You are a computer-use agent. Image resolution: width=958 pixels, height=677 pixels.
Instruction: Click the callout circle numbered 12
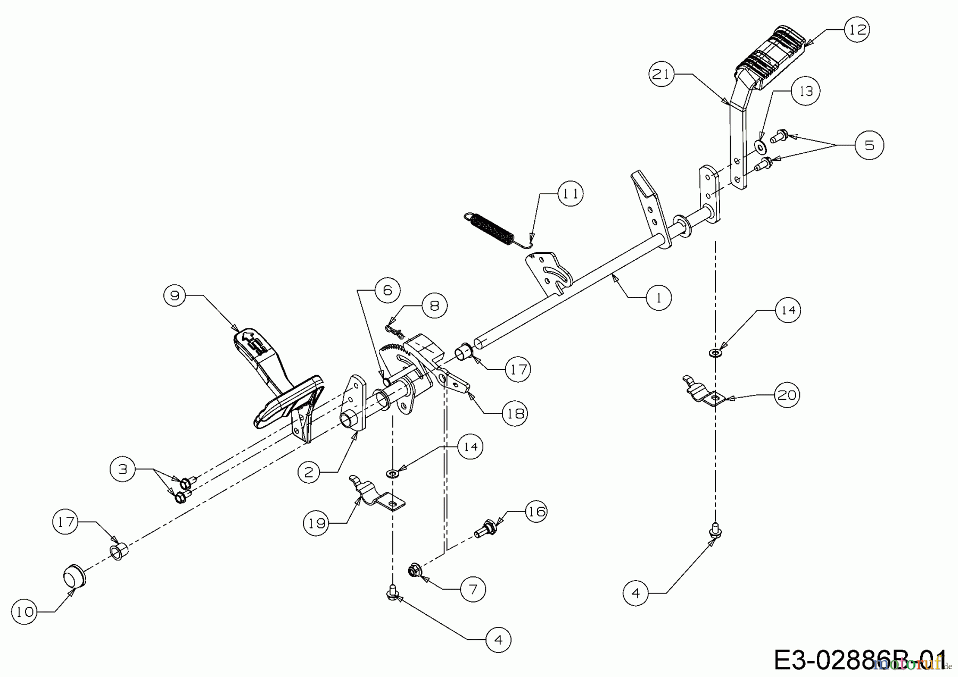[857, 29]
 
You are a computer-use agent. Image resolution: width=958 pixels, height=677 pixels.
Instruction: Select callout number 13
[806, 91]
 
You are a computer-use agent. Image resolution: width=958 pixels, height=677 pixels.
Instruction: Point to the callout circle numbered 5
[869, 145]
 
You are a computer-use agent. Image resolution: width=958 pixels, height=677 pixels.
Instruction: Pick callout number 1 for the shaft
[659, 298]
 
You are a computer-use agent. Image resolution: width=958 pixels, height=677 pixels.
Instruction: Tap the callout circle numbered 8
[434, 306]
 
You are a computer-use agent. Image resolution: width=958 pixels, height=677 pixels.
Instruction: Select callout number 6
[387, 290]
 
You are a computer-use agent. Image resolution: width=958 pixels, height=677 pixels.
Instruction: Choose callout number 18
[515, 413]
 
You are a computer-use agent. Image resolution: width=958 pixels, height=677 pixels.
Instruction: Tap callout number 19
[317, 523]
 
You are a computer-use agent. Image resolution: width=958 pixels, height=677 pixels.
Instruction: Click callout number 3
[123, 469]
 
